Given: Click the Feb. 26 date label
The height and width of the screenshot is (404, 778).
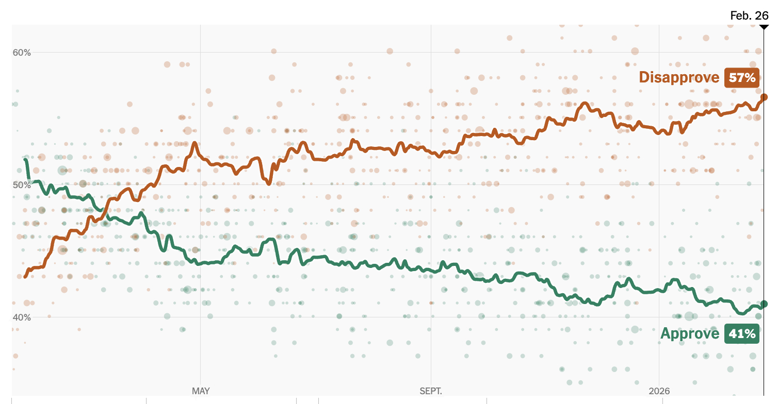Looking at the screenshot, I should click(749, 15).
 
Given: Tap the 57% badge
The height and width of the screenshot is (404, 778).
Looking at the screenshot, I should click(742, 78).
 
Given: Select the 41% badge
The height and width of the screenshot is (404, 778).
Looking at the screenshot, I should click(742, 334).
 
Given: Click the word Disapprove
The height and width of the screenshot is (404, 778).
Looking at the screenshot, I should click(678, 77).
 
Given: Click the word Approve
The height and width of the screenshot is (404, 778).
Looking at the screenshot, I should click(689, 334).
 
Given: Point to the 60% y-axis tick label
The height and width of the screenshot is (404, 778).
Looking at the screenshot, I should click(22, 53).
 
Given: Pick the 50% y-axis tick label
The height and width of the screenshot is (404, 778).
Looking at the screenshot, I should click(22, 185).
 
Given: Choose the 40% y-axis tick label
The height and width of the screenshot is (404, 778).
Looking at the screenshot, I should click(22, 317).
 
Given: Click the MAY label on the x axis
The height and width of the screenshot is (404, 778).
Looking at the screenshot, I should click(201, 391).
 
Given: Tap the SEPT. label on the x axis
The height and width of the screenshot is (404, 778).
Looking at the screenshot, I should click(431, 391).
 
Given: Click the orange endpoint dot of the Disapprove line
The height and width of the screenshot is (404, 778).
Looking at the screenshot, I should click(764, 97).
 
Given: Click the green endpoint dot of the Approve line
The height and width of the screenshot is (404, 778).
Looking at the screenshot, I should click(764, 304).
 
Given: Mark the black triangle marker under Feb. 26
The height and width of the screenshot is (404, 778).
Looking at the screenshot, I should click(764, 26).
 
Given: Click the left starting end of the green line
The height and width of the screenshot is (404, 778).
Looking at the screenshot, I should click(26, 160).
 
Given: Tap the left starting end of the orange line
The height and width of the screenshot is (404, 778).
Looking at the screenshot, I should click(25, 277).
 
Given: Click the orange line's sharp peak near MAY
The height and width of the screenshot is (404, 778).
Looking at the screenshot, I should click(194, 143).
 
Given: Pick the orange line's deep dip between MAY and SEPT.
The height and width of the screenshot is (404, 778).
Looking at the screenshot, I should click(269, 183).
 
